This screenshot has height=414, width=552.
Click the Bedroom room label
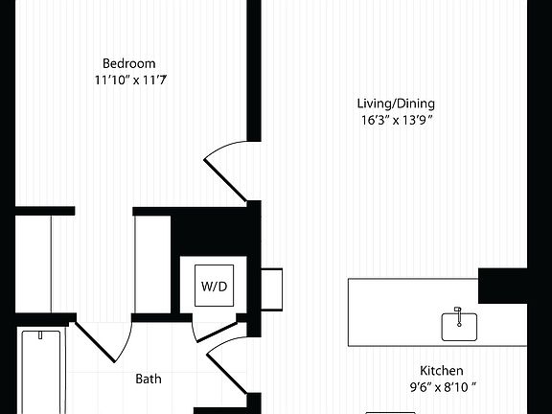tap(129, 64)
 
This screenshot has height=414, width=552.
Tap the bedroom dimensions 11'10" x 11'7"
tap(129, 82)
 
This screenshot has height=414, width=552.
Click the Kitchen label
tap(442, 370)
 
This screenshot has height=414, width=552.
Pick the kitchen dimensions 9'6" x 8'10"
tap(442, 387)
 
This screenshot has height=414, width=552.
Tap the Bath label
tap(149, 379)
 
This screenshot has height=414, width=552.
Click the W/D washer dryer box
tap(214, 286)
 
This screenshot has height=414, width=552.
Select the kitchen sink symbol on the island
tap(458, 325)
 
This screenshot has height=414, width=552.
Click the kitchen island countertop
tap(402, 311)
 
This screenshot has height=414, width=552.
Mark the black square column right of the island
tap(501, 285)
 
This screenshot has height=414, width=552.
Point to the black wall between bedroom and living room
tap(255, 67)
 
